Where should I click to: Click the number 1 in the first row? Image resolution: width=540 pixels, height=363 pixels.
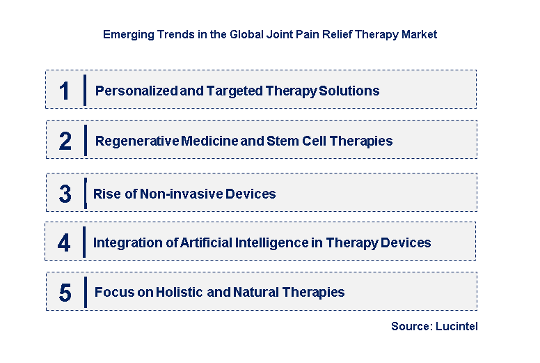(65, 91)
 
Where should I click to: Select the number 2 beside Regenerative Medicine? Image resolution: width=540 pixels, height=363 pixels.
(65, 141)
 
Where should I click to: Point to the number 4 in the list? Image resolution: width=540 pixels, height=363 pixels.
(65, 243)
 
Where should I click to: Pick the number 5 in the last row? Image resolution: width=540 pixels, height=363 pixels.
(65, 293)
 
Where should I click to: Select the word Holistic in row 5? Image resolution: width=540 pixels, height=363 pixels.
(178, 293)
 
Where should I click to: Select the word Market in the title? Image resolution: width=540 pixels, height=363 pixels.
(419, 34)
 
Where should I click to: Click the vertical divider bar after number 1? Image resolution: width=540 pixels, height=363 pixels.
(84, 90)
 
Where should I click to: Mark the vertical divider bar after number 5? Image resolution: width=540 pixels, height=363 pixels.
(84, 292)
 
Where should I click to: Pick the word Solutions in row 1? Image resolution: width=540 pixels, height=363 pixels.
(351, 91)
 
